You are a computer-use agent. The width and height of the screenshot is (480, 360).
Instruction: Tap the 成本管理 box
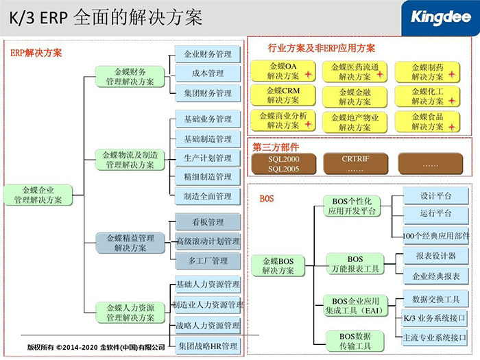pyautogui.click(x=208, y=73)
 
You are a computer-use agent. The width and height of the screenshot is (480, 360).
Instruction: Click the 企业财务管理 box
pyautogui.click(x=208, y=54)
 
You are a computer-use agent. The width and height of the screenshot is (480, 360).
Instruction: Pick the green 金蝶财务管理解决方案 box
pyautogui.click(x=130, y=76)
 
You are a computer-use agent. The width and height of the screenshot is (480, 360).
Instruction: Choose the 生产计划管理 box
pyautogui.click(x=208, y=158)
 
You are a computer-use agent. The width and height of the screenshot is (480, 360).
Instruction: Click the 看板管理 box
pyautogui.click(x=208, y=222)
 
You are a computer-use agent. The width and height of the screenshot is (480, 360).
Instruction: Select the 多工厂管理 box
pyautogui.click(x=208, y=261)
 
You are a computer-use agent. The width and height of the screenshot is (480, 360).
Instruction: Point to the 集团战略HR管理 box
pyautogui.click(x=208, y=346)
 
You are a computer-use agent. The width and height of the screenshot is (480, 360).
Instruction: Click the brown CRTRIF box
pyautogui.click(x=355, y=163)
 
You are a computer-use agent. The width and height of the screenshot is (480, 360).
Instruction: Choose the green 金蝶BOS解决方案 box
pyautogui.click(x=277, y=265)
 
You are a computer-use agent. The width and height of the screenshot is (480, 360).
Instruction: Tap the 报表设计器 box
pyautogui.click(x=435, y=256)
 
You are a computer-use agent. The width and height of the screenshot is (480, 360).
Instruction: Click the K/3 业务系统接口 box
pyautogui.click(x=435, y=318)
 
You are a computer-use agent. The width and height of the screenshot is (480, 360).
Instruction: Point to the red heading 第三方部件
pyautogui.click(x=276, y=147)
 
